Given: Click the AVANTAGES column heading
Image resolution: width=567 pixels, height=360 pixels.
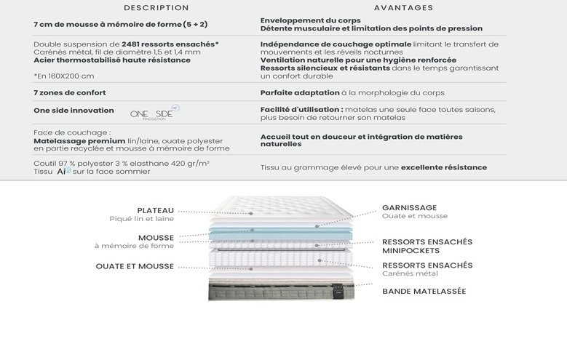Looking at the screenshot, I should pyautogui.click(x=403, y=8).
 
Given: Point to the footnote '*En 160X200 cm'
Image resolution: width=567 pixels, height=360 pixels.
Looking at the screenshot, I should pyautogui.click(x=64, y=76).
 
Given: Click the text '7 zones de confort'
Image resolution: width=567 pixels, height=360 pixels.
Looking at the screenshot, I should pyautogui.click(x=69, y=93).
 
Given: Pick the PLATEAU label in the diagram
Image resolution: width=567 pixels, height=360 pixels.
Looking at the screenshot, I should pyautogui.click(x=155, y=211).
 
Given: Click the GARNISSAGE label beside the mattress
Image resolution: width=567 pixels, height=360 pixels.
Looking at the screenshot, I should pyautogui.click(x=409, y=207).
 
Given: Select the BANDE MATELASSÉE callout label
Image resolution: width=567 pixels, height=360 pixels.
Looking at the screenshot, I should pyautogui.click(x=424, y=292).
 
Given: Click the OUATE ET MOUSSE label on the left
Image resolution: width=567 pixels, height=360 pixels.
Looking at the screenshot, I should pyautogui.click(x=135, y=266).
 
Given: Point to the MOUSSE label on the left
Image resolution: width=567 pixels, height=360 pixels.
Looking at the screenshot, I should pyautogui.click(x=156, y=238).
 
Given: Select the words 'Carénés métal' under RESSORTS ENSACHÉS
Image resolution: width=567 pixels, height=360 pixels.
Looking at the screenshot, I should pyautogui.click(x=410, y=273).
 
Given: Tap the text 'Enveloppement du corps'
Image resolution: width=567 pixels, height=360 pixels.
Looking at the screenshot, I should pyautogui.click(x=310, y=20).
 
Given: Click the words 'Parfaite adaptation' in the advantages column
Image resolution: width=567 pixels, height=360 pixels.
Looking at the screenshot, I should pyautogui.click(x=300, y=93).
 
